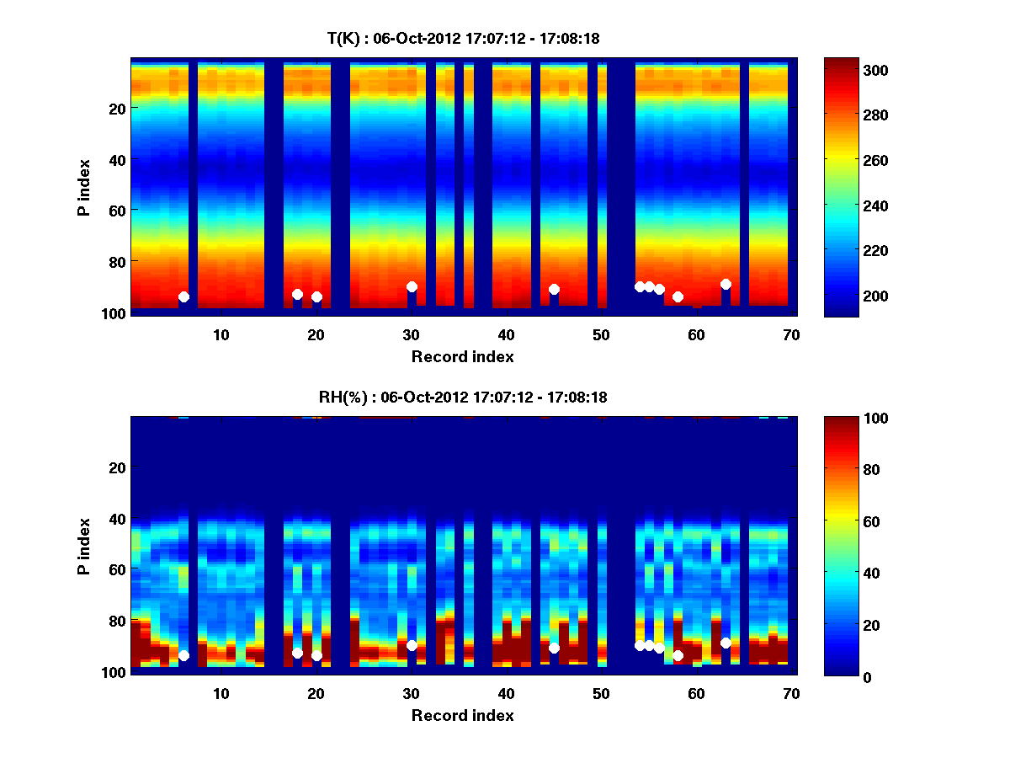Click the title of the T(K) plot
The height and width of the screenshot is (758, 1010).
coord(462,38)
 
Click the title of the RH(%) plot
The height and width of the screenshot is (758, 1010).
coord(462,397)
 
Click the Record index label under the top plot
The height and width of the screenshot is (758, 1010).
coord(462,356)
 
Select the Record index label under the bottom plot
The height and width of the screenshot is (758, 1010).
coord(462,715)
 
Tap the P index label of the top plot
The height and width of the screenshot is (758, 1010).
coord(84,185)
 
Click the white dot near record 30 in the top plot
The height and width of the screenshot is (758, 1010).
coord(412,286)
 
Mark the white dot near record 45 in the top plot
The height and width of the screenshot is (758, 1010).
coord(554,289)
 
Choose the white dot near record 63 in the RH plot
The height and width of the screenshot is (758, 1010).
coord(726,643)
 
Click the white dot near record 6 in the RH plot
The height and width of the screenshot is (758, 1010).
coord(183,655)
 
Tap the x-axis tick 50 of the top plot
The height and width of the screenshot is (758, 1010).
coord(601,334)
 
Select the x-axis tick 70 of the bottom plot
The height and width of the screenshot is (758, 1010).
coord(791,693)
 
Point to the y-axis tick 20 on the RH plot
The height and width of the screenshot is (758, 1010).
coord(116,467)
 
